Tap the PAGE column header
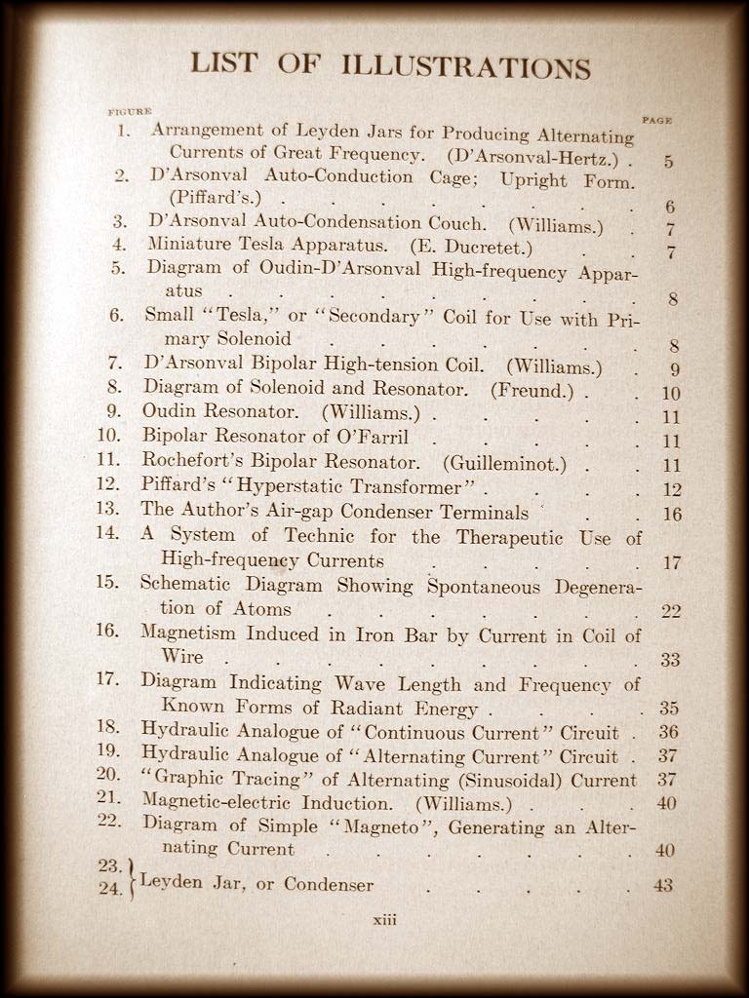pyautogui.click(x=656, y=120)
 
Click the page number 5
pyautogui.click(x=668, y=161)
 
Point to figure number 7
pyautogui.click(x=114, y=363)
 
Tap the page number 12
pyautogui.click(x=671, y=489)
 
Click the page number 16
pyautogui.click(x=671, y=514)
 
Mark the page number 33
pyautogui.click(x=670, y=660)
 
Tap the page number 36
pyautogui.click(x=668, y=732)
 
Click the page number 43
pyautogui.click(x=663, y=886)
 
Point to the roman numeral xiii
pyautogui.click(x=384, y=919)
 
